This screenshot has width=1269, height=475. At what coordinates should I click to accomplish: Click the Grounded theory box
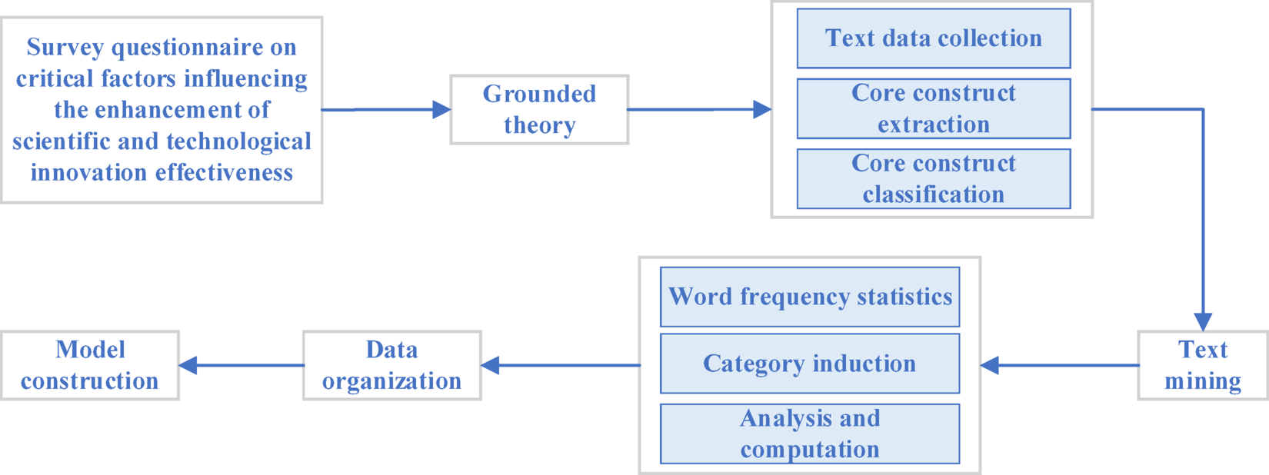coord(538,109)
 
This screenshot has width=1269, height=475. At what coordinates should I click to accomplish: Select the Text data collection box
coord(933,38)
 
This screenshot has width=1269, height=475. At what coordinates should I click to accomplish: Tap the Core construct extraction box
coord(933,108)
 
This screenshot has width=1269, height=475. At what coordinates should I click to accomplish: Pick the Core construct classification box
coord(933,178)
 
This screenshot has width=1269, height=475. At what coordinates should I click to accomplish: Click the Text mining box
coord(1202,365)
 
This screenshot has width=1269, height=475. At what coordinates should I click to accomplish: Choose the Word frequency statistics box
coord(809,297)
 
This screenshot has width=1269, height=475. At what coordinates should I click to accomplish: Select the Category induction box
coord(809,364)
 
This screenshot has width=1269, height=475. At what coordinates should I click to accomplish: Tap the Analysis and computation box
coord(809,433)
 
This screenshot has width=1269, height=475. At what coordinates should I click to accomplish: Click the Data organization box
coord(391,365)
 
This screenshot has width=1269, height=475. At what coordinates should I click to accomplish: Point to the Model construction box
coord(89,365)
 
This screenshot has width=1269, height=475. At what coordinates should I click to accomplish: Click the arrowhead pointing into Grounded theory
coord(441,109)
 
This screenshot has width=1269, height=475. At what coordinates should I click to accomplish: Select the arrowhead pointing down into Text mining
coord(1203,321)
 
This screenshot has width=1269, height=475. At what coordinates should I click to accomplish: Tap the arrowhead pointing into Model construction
coord(188,365)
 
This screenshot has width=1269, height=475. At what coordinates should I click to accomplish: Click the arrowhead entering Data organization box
coord(491,365)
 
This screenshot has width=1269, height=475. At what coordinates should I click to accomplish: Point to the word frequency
coord(792,297)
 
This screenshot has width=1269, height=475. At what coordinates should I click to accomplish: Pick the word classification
coord(933,194)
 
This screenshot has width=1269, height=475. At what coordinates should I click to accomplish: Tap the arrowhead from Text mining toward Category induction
coord(990,365)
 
